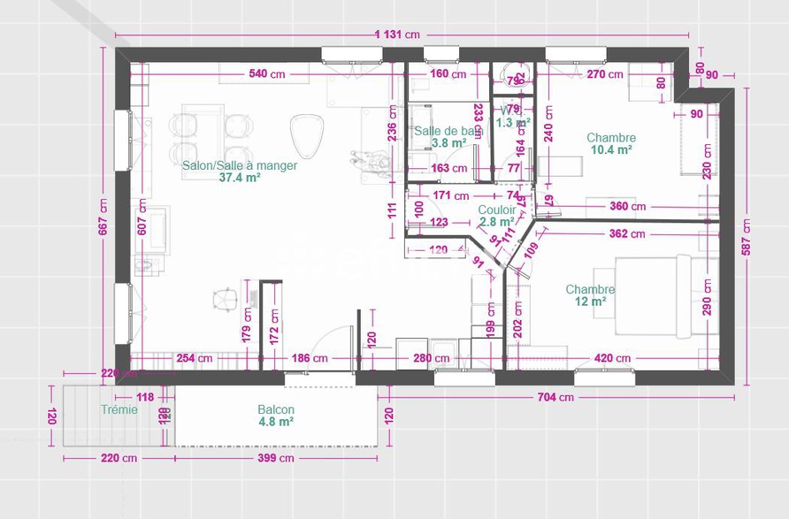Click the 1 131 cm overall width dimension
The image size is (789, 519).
[x=397, y=35]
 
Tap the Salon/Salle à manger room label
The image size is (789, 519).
[x=240, y=165]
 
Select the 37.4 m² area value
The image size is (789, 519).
[x=240, y=178]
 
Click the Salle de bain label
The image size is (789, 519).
[x=448, y=131]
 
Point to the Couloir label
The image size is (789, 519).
[x=497, y=210]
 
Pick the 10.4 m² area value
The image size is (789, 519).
[x=610, y=150]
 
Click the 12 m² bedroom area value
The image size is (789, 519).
[x=590, y=302]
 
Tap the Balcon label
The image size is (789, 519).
[x=276, y=410]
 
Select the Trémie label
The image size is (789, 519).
[x=119, y=409]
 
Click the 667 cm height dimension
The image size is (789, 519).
[x=103, y=218]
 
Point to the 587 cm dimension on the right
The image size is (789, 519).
[x=747, y=236]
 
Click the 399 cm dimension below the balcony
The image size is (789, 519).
[x=274, y=458]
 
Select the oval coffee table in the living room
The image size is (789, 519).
[x=307, y=135]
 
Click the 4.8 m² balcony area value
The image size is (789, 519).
[x=276, y=423]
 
